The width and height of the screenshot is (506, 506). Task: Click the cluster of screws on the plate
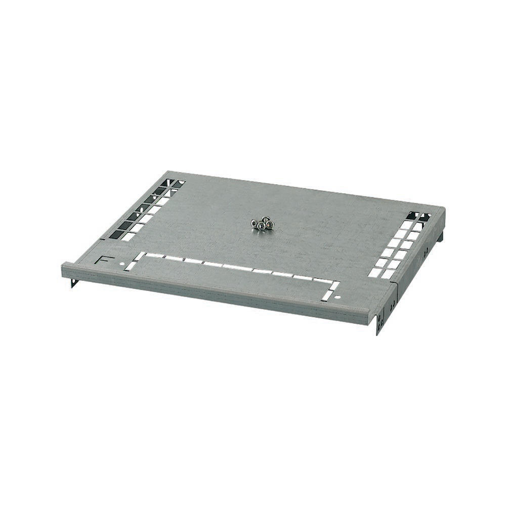click(262, 224)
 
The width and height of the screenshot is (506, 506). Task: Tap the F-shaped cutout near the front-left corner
click(103, 260)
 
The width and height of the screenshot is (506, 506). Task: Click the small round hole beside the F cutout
click(122, 264)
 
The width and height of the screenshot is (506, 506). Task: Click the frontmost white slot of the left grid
click(129, 237)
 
